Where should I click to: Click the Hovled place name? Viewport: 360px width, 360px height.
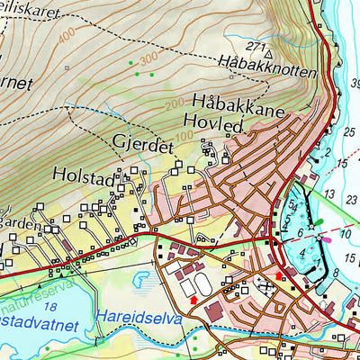[212, 124]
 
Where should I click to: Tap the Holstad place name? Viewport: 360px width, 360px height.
[84, 177]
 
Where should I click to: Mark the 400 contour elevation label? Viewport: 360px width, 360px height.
[66, 37]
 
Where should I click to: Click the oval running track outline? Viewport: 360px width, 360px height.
[201, 286]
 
